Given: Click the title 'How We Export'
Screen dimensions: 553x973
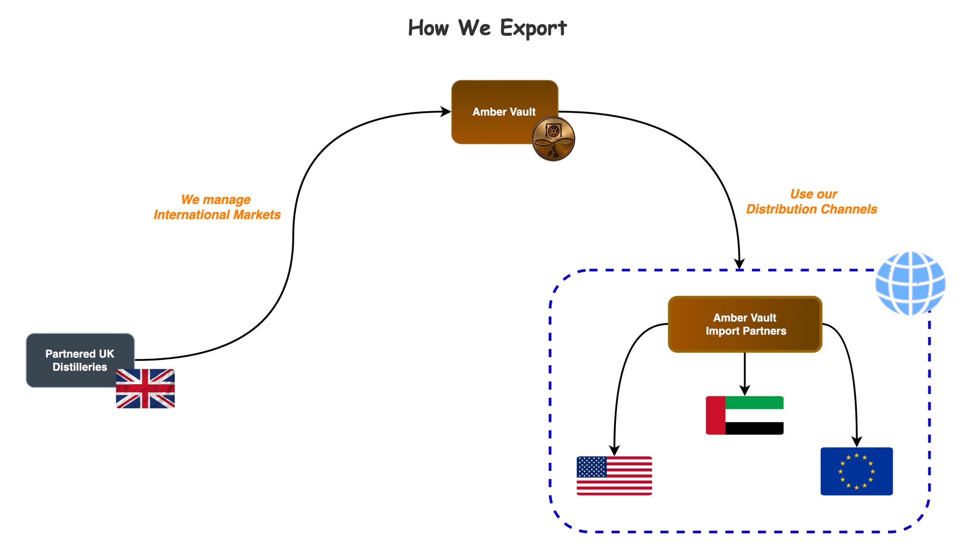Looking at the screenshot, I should pos(487,28).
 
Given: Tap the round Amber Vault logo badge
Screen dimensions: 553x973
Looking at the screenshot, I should pos(553,139).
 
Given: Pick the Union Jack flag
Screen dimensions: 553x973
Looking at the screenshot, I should pos(145,388).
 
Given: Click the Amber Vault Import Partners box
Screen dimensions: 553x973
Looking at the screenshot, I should pos(745,324).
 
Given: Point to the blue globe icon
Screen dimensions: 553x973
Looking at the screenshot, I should pos(910,283).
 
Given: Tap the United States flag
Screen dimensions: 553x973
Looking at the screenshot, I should pos(614,476).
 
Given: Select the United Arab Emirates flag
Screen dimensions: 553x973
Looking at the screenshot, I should pos(744,415).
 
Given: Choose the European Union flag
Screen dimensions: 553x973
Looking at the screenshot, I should pos(856,471).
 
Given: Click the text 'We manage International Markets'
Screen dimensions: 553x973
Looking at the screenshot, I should pos(217,207).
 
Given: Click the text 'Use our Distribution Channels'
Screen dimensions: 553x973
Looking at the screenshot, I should pos(811,201).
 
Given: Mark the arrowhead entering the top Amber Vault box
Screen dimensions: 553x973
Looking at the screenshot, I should pos(445,112).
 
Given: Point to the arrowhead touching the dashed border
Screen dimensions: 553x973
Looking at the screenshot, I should pos(739,264).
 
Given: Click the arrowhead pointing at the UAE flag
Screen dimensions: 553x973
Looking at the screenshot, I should pos(744,390).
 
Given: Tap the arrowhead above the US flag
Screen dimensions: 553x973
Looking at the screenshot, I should pos(614,450).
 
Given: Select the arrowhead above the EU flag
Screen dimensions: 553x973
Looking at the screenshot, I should pos(857,442).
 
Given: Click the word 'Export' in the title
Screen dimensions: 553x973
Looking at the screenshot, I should pos(533,28).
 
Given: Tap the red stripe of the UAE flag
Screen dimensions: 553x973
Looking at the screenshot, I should pos(715,415).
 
